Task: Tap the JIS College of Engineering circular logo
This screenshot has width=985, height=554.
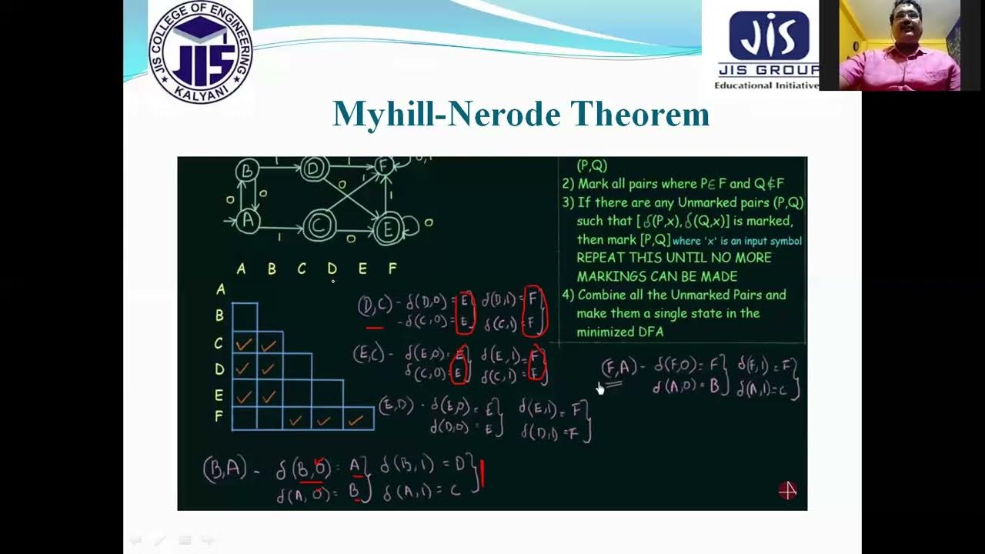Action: (x=201, y=52)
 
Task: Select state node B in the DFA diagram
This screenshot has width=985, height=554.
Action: (x=248, y=170)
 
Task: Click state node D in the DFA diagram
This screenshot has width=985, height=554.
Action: (x=314, y=168)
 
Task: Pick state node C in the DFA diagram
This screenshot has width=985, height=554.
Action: (x=319, y=226)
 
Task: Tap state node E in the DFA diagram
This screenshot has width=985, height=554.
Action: (x=389, y=229)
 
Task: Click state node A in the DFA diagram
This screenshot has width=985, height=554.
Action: (x=247, y=221)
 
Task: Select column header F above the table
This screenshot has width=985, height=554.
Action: (x=392, y=269)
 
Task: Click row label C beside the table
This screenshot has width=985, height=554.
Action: (x=219, y=344)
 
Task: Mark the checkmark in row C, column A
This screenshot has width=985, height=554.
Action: (x=244, y=345)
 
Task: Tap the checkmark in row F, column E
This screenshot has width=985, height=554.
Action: (x=356, y=420)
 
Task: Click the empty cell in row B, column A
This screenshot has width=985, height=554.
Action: (x=245, y=316)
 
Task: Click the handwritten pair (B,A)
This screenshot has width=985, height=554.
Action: (x=225, y=468)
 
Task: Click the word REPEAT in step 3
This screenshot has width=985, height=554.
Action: (x=603, y=258)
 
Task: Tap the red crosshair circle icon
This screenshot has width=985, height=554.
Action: (x=787, y=491)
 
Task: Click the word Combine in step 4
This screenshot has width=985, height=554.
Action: (x=604, y=295)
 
